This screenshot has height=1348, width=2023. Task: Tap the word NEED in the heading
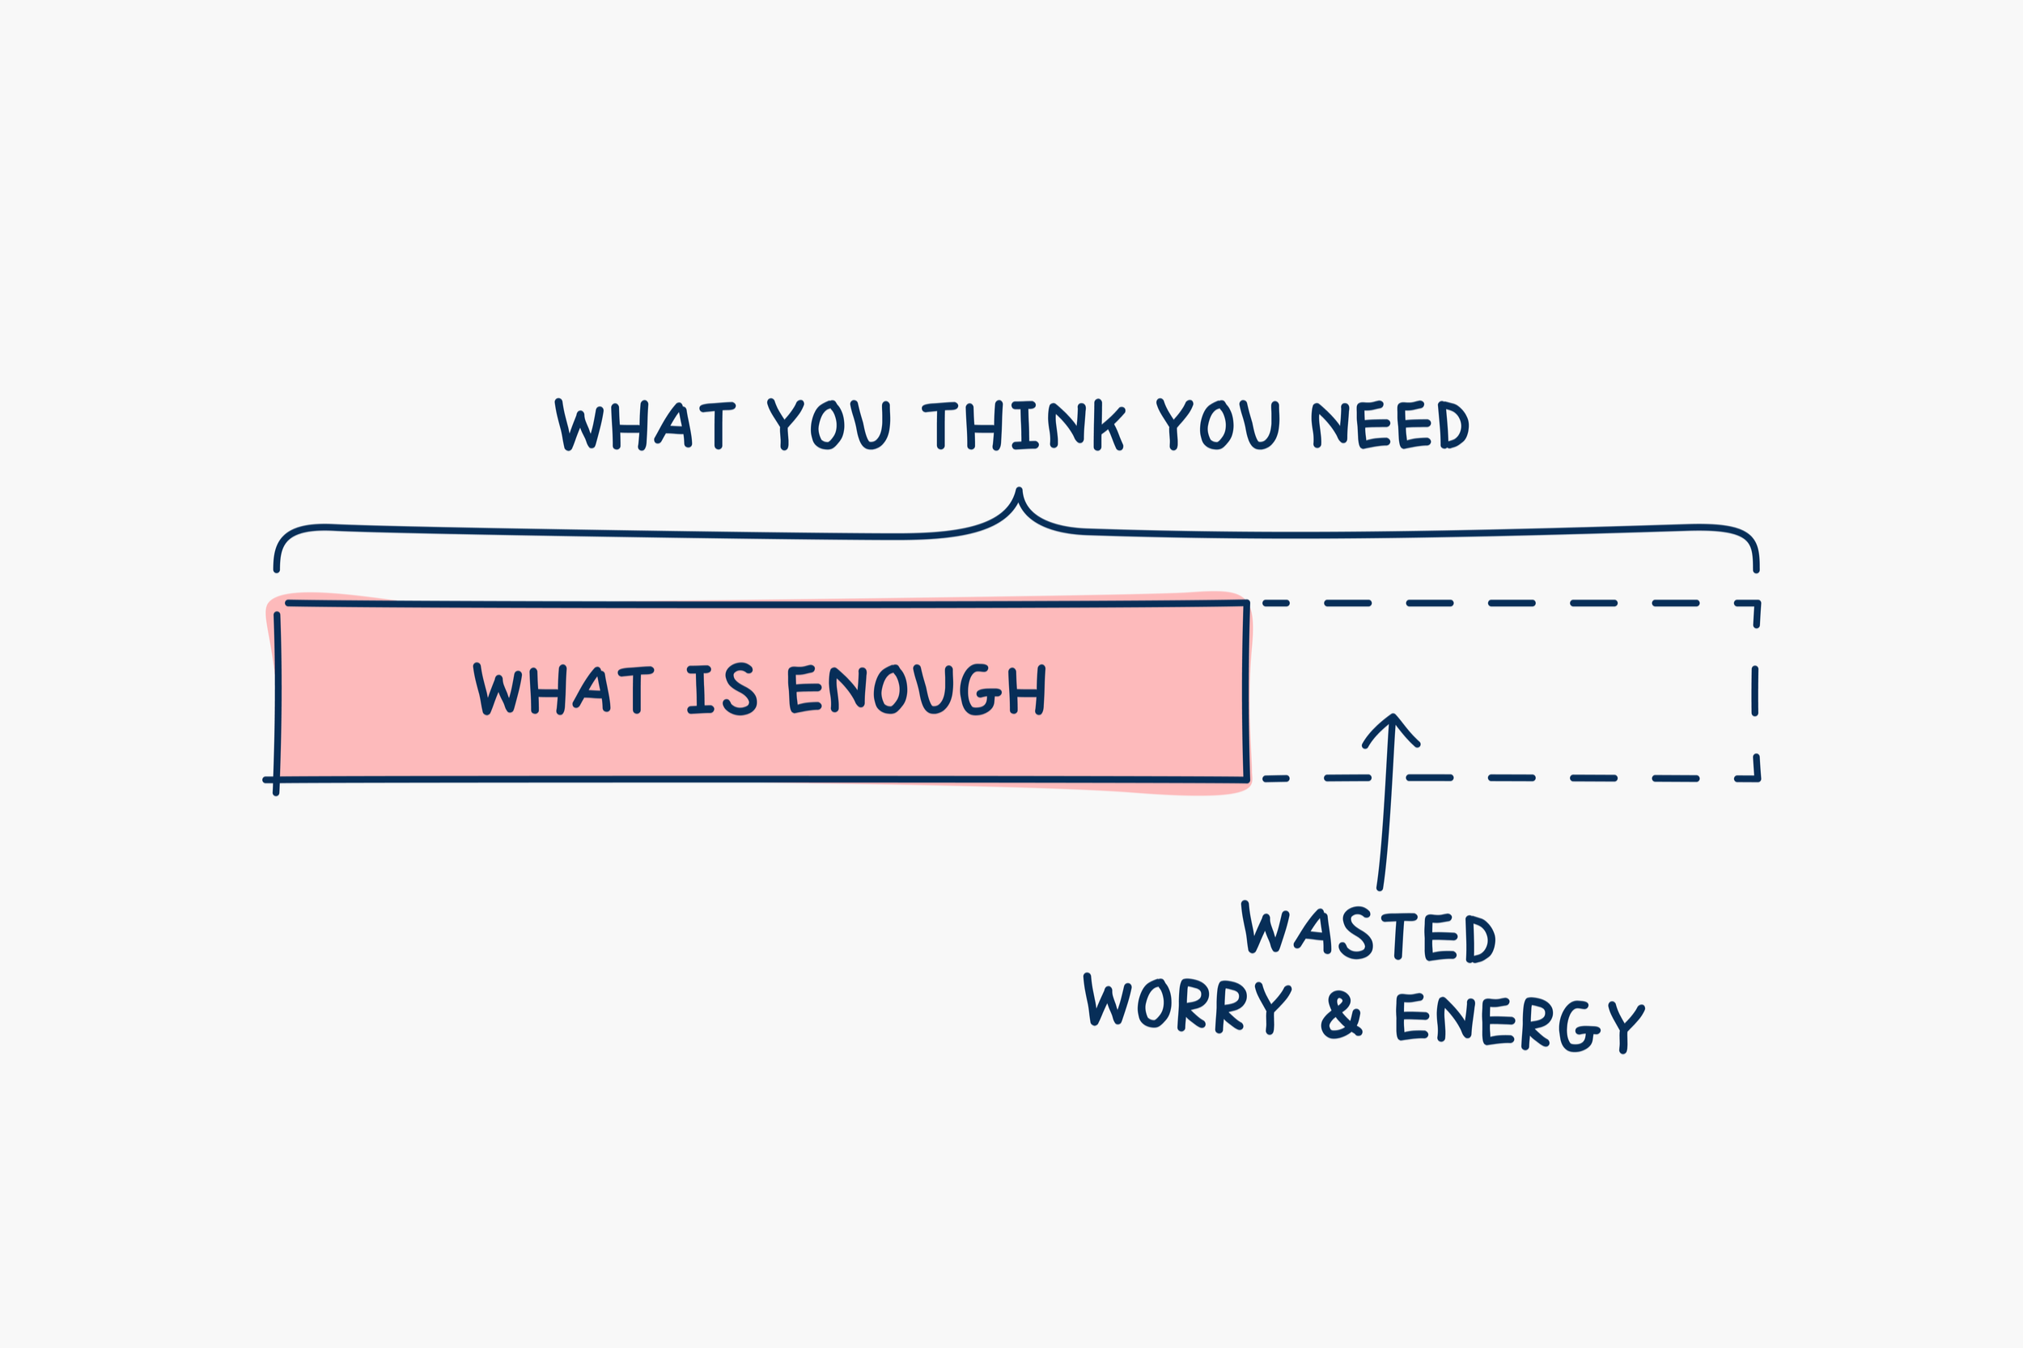[x=1389, y=425]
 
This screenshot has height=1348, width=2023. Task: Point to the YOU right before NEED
[x=1219, y=425]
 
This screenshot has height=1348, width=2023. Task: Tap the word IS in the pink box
[x=721, y=689]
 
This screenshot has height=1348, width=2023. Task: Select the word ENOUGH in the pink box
[x=917, y=689]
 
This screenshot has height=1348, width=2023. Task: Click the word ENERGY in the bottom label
[x=1519, y=1023]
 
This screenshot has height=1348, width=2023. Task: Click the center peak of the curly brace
[x=1019, y=491]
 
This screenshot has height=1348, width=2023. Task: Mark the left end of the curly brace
[x=276, y=568]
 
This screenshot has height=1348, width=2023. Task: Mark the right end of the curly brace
[x=1757, y=568]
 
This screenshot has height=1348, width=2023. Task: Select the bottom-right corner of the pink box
[x=1246, y=779]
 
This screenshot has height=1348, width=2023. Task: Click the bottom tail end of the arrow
[x=1379, y=886]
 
